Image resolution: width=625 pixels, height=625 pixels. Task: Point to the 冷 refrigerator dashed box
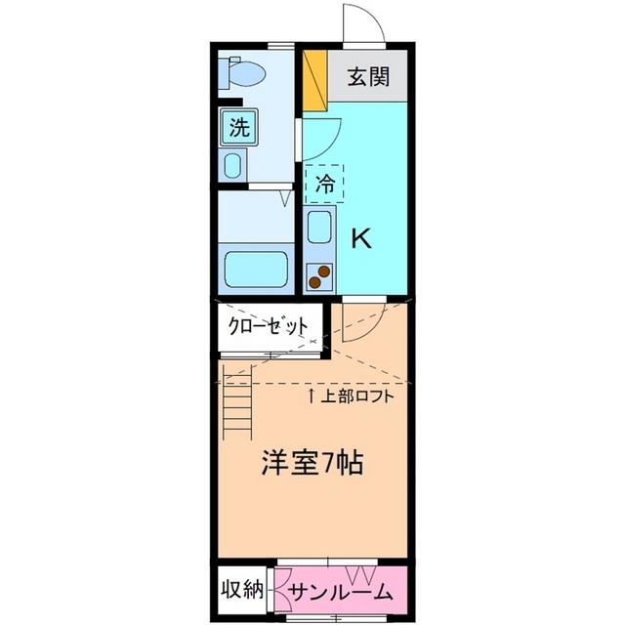point(324,183)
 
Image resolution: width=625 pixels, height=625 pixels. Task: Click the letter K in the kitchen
point(361,237)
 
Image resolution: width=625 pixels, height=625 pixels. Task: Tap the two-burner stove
point(319,276)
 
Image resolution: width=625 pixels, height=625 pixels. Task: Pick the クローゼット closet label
point(269,326)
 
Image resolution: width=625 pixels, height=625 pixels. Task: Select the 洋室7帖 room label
point(312,462)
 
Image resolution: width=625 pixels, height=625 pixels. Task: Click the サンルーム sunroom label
point(340,591)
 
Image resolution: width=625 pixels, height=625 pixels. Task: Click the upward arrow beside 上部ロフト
point(312,396)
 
